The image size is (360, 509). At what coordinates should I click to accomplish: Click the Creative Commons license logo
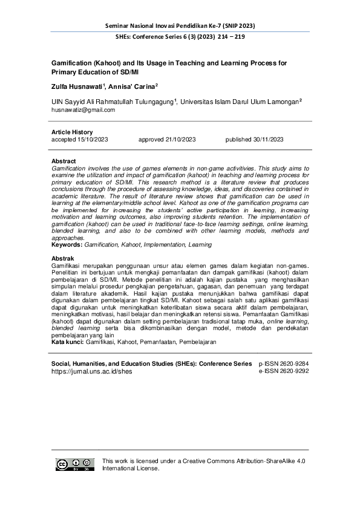[74, 464]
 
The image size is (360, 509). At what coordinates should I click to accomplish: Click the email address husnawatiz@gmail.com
[83, 110]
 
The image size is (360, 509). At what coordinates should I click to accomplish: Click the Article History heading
[73, 132]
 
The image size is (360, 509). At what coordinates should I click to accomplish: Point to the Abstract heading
[64, 161]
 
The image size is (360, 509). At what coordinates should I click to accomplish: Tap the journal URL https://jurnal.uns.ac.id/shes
[92, 372]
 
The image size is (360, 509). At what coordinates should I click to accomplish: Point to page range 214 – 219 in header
[227, 36]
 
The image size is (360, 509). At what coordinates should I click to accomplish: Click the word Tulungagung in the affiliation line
[148, 102]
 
